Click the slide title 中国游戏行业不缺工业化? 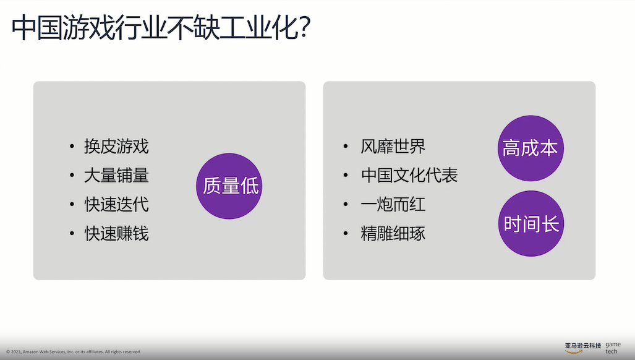pos(160,28)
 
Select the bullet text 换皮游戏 pos(116,147)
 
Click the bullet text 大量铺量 pos(116,176)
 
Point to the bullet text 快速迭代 pos(116,205)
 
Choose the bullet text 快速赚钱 pos(116,234)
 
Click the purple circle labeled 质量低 pos(229,186)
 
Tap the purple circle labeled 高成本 pos(530,148)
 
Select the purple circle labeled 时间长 pos(531,223)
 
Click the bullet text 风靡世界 pos(393,147)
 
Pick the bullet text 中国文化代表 pos(409,176)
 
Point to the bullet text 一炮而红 pos(393,205)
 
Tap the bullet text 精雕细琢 pos(393,234)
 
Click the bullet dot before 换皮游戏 pos(73,147)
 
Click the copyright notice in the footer pos(73,352)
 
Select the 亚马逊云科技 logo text pos(582,345)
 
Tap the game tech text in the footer pos(612,348)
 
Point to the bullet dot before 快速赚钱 pos(73,234)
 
